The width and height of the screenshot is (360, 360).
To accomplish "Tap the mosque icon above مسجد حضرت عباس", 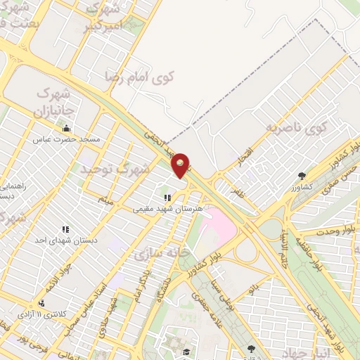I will [66, 128].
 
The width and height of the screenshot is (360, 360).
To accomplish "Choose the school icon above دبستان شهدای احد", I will [65, 229].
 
